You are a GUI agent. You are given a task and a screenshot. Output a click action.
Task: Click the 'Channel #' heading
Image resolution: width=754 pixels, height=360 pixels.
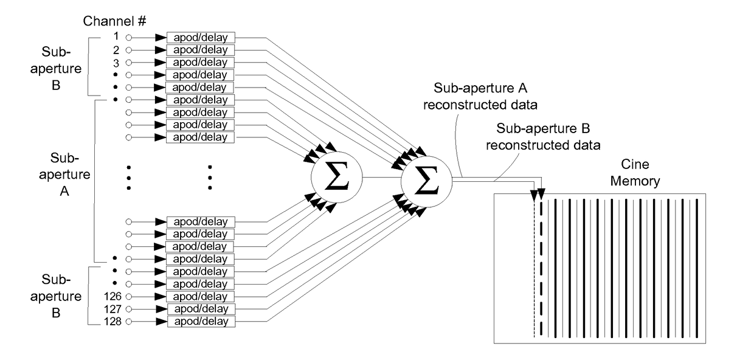(114, 21)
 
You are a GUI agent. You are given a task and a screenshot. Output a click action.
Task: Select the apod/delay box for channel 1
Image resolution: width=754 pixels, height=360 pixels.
(201, 37)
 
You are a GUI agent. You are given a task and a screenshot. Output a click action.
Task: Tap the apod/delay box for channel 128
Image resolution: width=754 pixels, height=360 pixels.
(201, 321)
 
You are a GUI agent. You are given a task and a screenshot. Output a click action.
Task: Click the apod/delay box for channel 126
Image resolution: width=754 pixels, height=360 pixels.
(201, 296)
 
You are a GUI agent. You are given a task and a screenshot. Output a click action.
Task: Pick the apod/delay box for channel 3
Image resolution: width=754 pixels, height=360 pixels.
(200, 62)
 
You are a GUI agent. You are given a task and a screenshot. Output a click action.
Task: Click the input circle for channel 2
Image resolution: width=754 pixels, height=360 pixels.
(128, 50)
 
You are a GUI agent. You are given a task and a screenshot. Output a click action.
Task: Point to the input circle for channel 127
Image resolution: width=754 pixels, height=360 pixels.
(128, 309)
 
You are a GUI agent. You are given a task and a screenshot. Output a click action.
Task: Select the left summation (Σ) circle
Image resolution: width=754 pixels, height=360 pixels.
(337, 177)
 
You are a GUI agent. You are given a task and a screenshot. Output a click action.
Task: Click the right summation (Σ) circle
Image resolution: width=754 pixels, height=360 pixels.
(426, 181)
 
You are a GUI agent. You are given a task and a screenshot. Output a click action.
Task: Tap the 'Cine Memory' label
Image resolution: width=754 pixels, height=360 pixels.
(635, 173)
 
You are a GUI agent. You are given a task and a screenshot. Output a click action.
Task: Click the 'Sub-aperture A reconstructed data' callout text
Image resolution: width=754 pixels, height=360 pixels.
(480, 96)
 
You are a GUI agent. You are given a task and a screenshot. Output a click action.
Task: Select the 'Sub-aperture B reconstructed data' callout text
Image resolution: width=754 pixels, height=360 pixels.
(543, 137)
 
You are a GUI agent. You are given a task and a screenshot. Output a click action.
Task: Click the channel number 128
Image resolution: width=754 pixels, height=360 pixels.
(112, 322)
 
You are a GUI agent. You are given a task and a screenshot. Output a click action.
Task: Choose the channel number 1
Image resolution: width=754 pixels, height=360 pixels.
(117, 36)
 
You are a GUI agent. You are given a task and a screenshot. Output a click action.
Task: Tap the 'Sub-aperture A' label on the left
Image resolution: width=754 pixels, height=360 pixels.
(64, 175)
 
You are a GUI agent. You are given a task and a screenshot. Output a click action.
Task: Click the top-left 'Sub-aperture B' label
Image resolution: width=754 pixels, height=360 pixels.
(56, 68)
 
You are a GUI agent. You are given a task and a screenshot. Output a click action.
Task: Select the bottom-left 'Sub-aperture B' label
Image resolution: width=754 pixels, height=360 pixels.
(56, 296)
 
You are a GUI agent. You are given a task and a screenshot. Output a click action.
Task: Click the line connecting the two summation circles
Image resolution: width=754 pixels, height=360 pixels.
(382, 178)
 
